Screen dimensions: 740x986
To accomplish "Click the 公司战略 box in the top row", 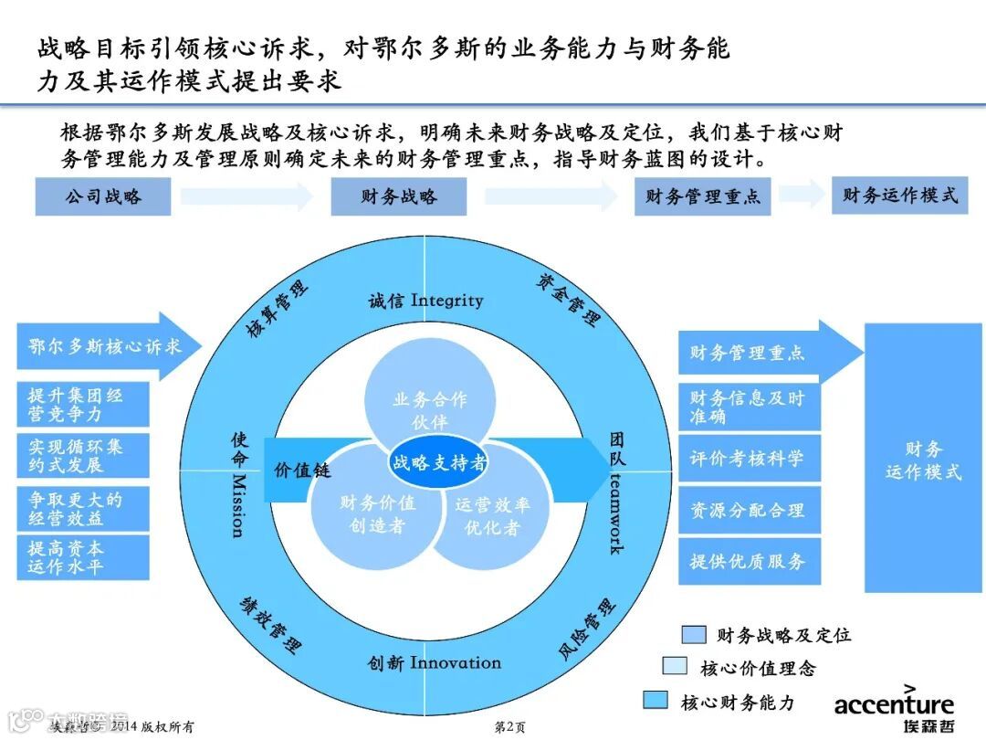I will [103, 196].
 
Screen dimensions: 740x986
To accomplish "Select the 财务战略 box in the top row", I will [399, 196].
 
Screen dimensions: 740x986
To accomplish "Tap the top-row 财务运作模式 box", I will [899, 196].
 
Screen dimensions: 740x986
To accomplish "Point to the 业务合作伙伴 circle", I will [429, 402].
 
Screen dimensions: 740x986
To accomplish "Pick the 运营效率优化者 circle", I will [491, 516].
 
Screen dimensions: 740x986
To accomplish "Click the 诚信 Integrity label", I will [425, 301].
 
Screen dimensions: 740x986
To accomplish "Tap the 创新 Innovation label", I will [435, 662].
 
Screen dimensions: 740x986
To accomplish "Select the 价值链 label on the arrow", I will [301, 471].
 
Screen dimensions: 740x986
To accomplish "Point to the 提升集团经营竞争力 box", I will [82, 405].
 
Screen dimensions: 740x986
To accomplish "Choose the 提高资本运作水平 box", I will [82, 557].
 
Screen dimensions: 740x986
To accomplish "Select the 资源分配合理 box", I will [749, 510].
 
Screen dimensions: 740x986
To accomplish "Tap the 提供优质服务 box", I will [749, 561].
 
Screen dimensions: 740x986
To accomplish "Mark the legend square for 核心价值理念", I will [675, 667].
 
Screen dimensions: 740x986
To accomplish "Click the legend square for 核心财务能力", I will [656, 701].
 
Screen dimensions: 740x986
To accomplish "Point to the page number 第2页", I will [509, 727].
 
